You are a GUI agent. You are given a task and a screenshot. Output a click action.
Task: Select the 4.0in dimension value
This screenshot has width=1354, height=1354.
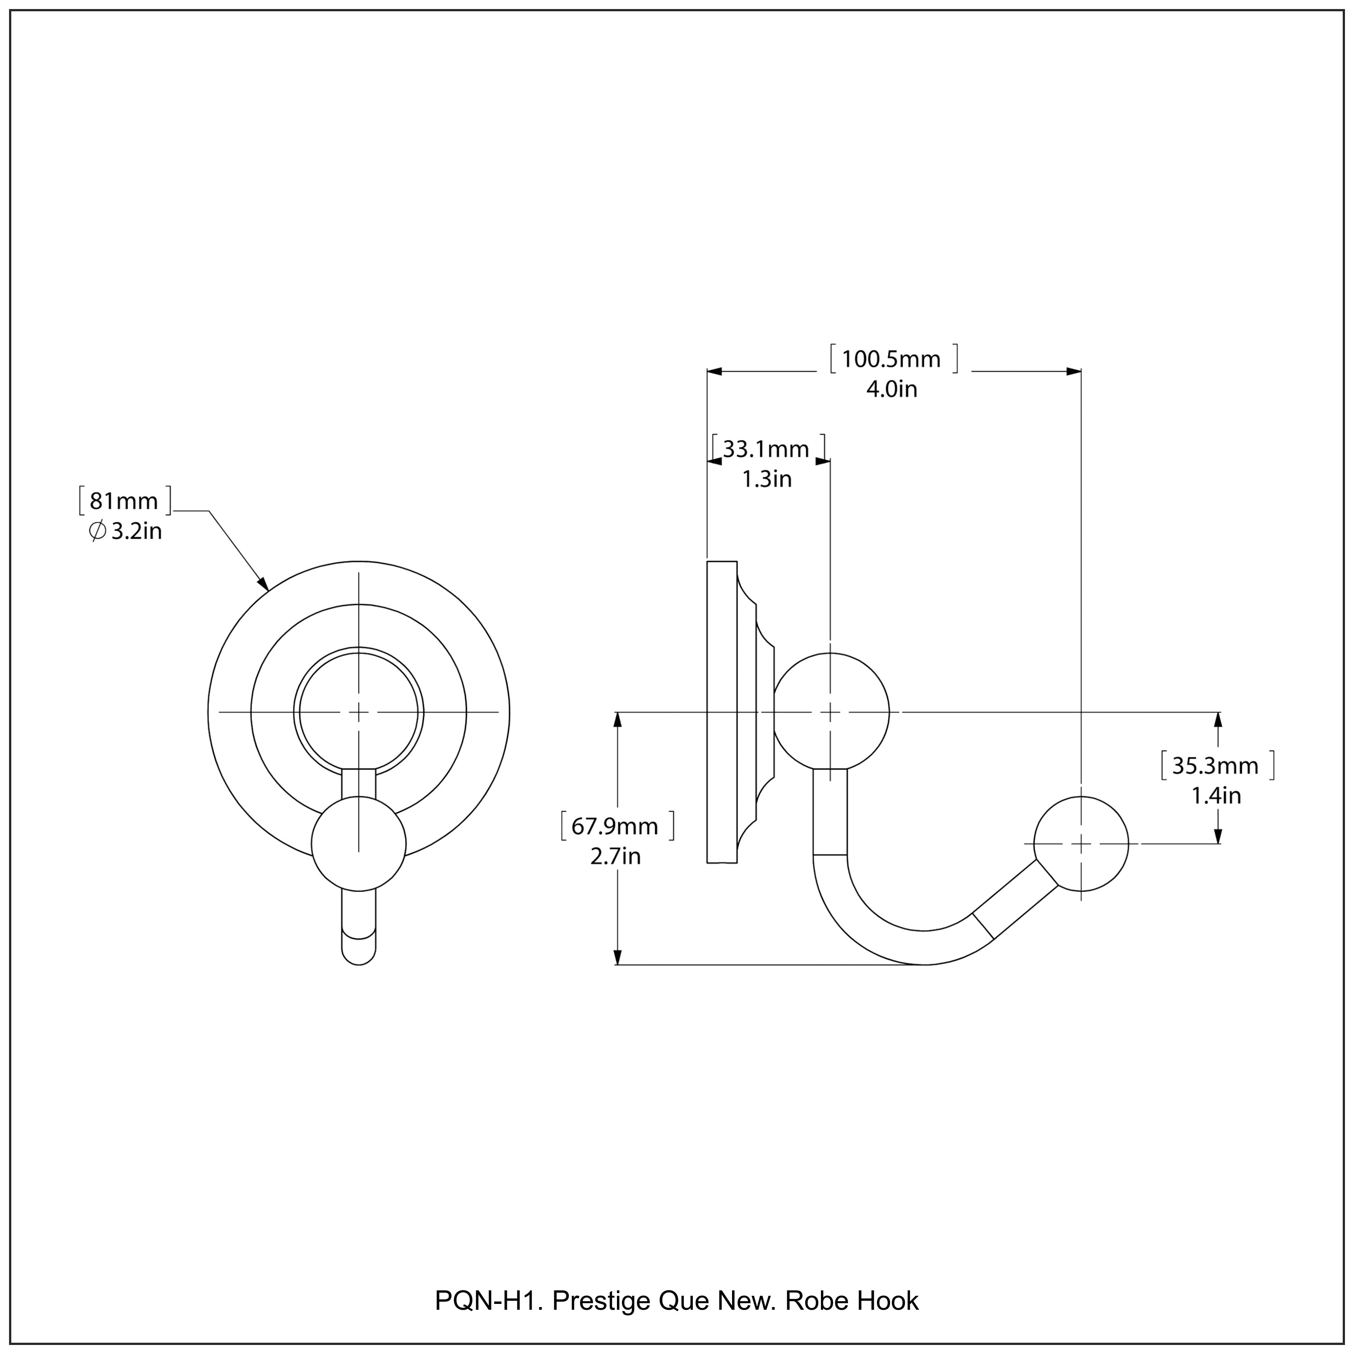point(891,389)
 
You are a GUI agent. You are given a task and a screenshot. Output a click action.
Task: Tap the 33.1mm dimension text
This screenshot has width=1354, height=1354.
point(766,449)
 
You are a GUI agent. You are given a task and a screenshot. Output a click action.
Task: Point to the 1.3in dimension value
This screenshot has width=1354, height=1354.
point(767,479)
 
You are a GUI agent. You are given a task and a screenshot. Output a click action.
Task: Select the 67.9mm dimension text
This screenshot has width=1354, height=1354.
point(615,826)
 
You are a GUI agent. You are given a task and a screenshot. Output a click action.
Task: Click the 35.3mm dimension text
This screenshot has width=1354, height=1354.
point(1215,766)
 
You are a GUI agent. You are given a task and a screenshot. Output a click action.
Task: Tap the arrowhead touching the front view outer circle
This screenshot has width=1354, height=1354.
point(263,584)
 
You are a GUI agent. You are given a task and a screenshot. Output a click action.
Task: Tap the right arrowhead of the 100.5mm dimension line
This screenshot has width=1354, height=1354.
point(1073,371)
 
